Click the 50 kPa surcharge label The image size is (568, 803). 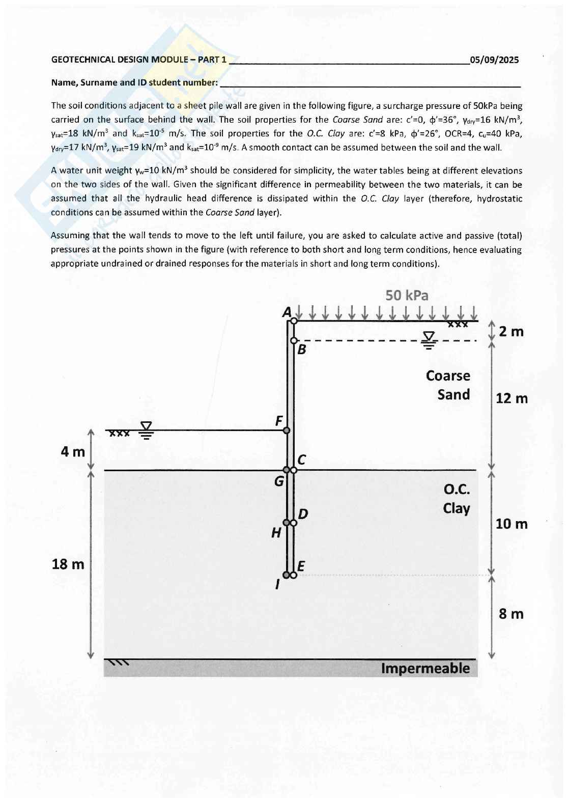[407, 296]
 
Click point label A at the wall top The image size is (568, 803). [287, 312]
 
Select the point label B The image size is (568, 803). [301, 350]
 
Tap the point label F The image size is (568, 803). [279, 421]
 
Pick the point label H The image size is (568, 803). [276, 533]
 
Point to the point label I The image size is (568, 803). [277, 585]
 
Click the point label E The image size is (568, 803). [301, 566]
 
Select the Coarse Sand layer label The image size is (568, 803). [448, 385]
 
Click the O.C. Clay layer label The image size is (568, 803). [457, 499]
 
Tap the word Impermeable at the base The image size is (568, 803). [425, 668]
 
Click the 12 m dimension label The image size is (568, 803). [512, 398]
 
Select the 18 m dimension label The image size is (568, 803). [68, 564]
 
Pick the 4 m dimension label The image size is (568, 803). [73, 451]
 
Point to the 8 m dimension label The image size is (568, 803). [511, 614]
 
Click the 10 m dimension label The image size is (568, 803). [512, 524]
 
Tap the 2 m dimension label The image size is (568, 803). [511, 332]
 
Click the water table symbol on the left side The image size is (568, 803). [146, 431]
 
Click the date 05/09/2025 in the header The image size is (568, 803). [494, 60]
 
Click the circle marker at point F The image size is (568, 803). [287, 431]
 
